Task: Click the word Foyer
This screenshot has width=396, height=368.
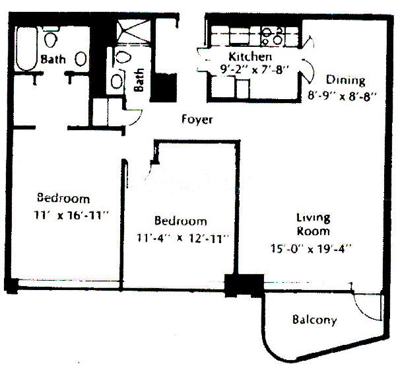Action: click(197, 120)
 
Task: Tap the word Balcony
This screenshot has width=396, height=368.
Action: click(314, 320)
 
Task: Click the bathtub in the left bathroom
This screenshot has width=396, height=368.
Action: click(27, 50)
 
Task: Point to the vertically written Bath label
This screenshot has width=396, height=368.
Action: click(139, 81)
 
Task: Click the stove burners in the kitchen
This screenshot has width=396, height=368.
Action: click(270, 35)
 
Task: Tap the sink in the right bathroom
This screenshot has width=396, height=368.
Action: click(116, 81)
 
